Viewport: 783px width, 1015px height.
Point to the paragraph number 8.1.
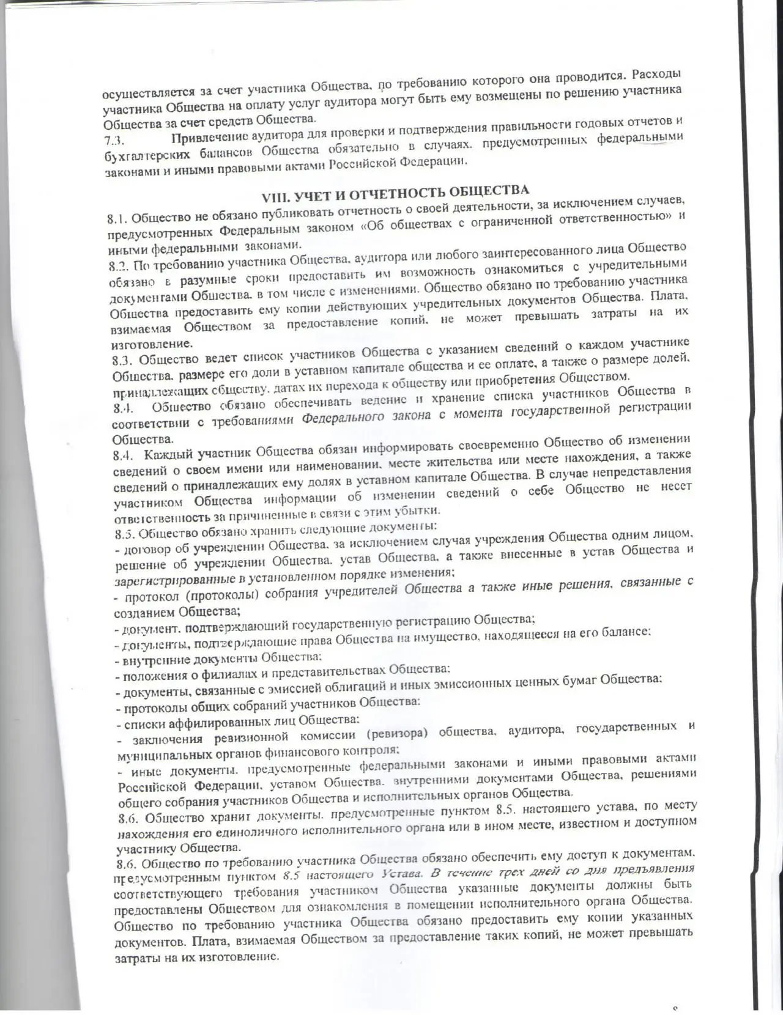point(117,218)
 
